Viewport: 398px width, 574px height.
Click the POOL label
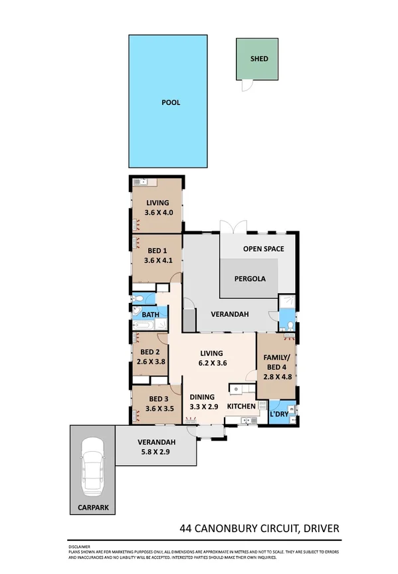[x=171, y=103]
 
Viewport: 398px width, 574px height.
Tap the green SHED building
[x=259, y=58]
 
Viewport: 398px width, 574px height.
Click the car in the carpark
[x=92, y=469]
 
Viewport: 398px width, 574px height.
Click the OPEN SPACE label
[x=263, y=249]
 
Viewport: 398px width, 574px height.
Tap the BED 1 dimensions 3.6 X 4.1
[x=158, y=260]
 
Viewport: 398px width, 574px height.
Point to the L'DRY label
[x=278, y=415]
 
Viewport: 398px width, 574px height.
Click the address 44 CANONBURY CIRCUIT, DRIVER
[x=260, y=529]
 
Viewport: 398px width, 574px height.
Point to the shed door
[x=247, y=85]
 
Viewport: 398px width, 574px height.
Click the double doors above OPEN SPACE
[x=229, y=226]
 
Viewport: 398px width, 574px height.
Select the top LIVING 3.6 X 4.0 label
[x=158, y=208]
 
